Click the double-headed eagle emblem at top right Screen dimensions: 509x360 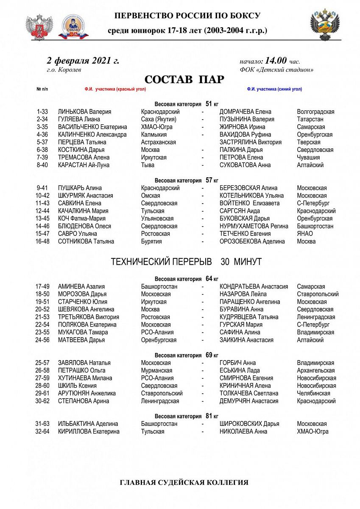[325, 24]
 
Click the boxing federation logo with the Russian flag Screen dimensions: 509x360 [73, 27]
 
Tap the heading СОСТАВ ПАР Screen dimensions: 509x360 [184, 80]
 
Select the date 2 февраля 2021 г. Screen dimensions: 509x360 [83, 61]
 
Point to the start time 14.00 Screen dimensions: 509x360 [276, 61]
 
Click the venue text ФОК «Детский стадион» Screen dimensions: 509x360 [276, 70]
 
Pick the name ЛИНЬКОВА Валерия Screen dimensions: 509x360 [84, 112]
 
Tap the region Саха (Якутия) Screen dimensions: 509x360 [159, 119]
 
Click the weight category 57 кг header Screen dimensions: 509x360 [186, 180]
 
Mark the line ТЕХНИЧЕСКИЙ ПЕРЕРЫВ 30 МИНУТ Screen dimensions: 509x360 [186, 262]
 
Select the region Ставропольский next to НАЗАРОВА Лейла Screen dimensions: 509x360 [318, 294]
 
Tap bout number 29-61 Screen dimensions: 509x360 [42, 393]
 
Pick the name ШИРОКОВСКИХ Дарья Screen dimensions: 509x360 [249, 424]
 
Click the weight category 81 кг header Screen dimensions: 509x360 [186, 416]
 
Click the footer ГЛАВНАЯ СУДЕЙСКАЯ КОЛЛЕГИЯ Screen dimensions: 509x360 [184, 482]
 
